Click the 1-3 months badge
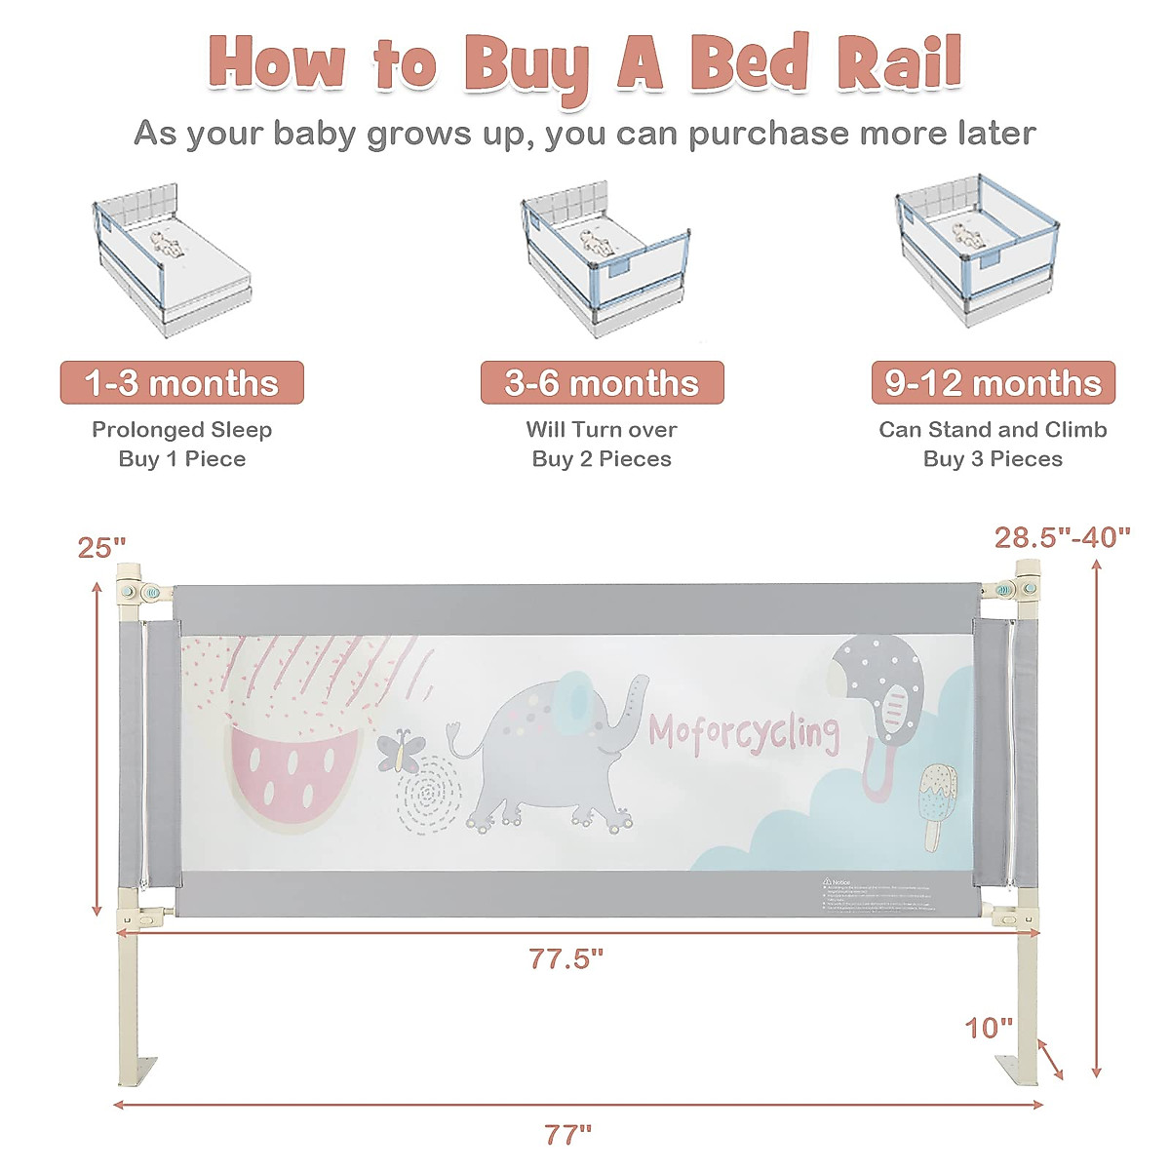182,383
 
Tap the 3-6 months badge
602,383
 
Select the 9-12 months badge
993,383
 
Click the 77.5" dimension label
566,958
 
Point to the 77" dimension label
568,1134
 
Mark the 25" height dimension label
101,548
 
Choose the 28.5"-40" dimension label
1062,537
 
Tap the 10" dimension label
990,1028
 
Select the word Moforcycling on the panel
744,732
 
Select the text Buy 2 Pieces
602,459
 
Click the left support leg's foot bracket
138,1071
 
